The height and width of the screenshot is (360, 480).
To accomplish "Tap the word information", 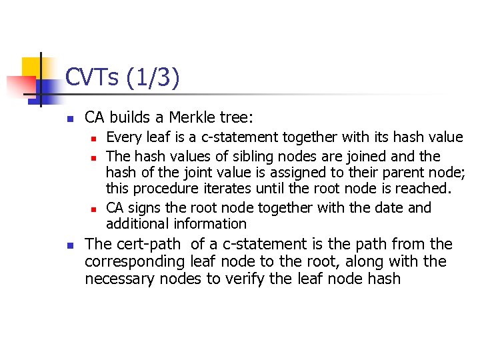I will [209, 224].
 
